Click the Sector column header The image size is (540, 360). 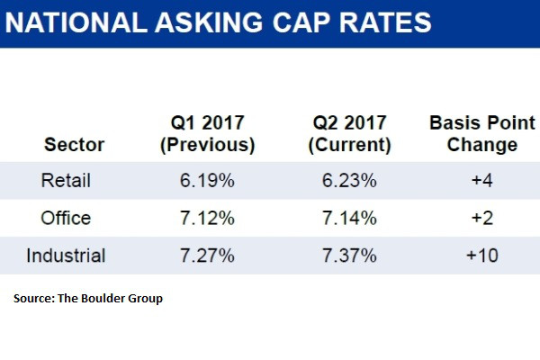pyautogui.click(x=74, y=145)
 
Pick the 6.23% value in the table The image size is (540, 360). pyautogui.click(x=351, y=181)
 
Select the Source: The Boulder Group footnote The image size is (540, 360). pyautogui.click(x=88, y=298)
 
